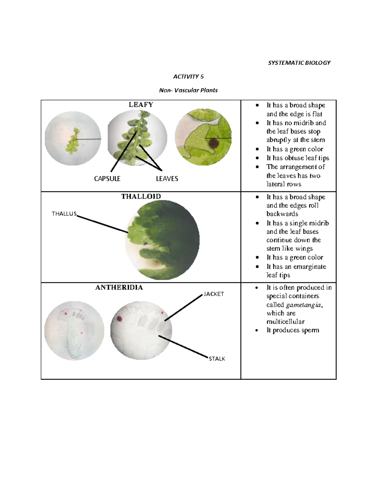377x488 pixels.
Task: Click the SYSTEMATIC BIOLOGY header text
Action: [299, 63]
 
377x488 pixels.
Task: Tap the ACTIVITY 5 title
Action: [188, 77]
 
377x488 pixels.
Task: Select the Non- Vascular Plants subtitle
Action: [188, 90]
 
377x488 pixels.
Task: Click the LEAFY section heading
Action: [141, 105]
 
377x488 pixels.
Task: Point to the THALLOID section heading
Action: [141, 196]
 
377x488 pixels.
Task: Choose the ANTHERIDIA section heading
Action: [119, 288]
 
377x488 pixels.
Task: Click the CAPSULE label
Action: [107, 179]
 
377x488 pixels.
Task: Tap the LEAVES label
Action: [167, 179]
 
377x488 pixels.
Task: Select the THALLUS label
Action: [64, 214]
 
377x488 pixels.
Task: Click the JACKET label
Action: [214, 294]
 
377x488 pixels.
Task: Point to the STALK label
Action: [217, 359]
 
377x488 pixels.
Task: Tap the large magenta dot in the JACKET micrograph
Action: [119, 319]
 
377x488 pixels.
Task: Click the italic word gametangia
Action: [303, 305]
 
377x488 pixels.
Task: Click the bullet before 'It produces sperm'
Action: [257, 331]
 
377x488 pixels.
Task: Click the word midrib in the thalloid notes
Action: [318, 223]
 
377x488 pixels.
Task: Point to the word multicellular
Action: [285, 322]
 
